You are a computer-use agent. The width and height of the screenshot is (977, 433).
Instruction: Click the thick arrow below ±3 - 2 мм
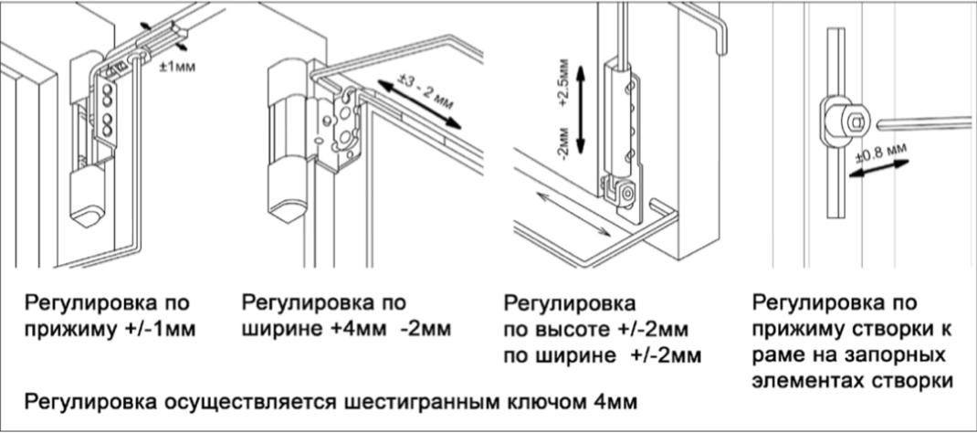[421, 104]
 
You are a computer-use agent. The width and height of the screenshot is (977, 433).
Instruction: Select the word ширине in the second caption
[275, 327]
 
